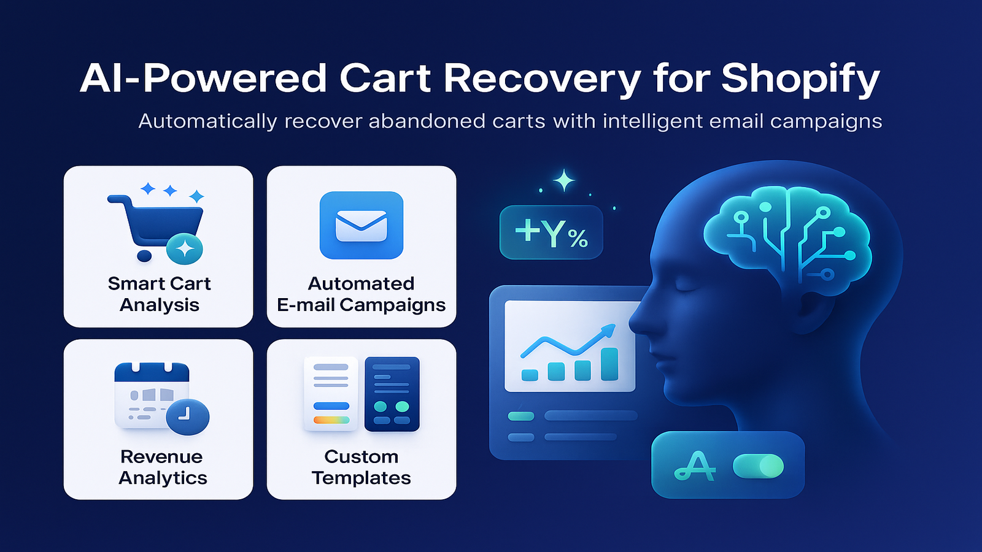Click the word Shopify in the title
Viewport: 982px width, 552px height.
pos(800,79)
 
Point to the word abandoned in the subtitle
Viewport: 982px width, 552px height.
pos(427,121)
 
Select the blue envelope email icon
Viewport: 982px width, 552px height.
pos(361,225)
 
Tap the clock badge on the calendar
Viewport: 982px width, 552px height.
pos(188,416)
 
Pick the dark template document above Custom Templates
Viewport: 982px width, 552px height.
pos(392,394)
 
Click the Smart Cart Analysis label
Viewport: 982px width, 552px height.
pos(159,294)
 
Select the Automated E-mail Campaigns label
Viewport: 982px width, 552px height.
pos(361,294)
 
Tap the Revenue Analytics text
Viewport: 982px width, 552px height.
pos(162,467)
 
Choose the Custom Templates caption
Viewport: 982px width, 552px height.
pos(361,467)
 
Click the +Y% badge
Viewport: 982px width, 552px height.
pos(551,232)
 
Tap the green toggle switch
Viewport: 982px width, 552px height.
pos(758,466)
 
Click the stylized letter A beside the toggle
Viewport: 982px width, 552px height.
pos(695,466)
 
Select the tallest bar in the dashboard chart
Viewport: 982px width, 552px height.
pos(609,364)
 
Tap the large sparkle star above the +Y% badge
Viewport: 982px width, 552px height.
pos(564,180)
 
